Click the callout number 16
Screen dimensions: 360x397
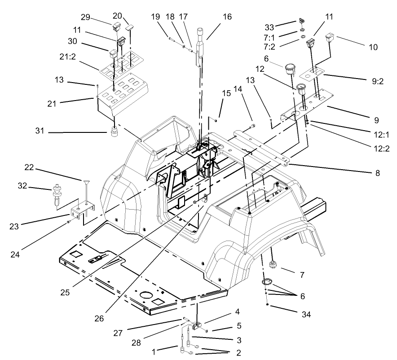pyautogui.click(x=227, y=16)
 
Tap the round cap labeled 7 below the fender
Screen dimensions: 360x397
pyautogui.click(x=272, y=264)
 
